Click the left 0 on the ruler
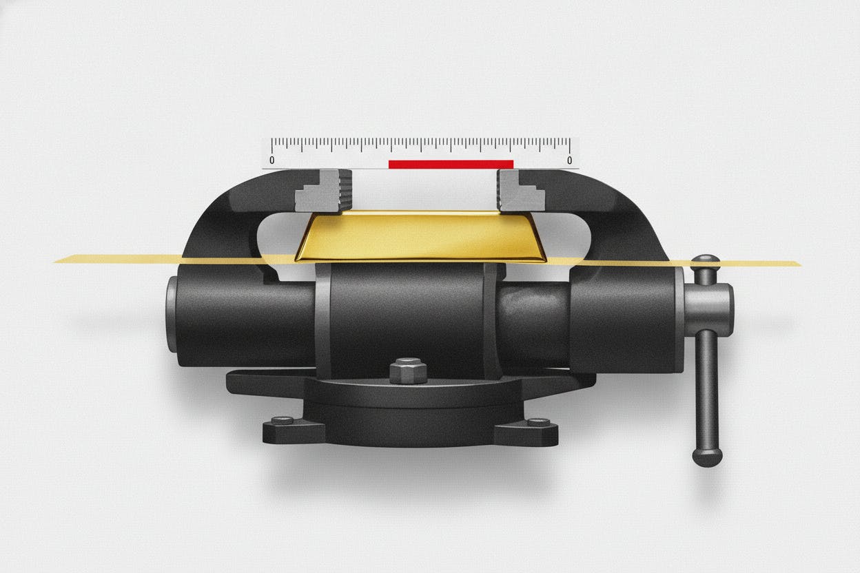[272, 160]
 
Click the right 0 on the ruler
[569, 160]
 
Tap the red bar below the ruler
[451, 165]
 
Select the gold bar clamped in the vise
[420, 236]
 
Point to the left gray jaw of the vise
[325, 191]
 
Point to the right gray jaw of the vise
[520, 191]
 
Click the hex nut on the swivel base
[408, 371]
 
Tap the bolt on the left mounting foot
[283, 419]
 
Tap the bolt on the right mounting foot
[538, 421]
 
